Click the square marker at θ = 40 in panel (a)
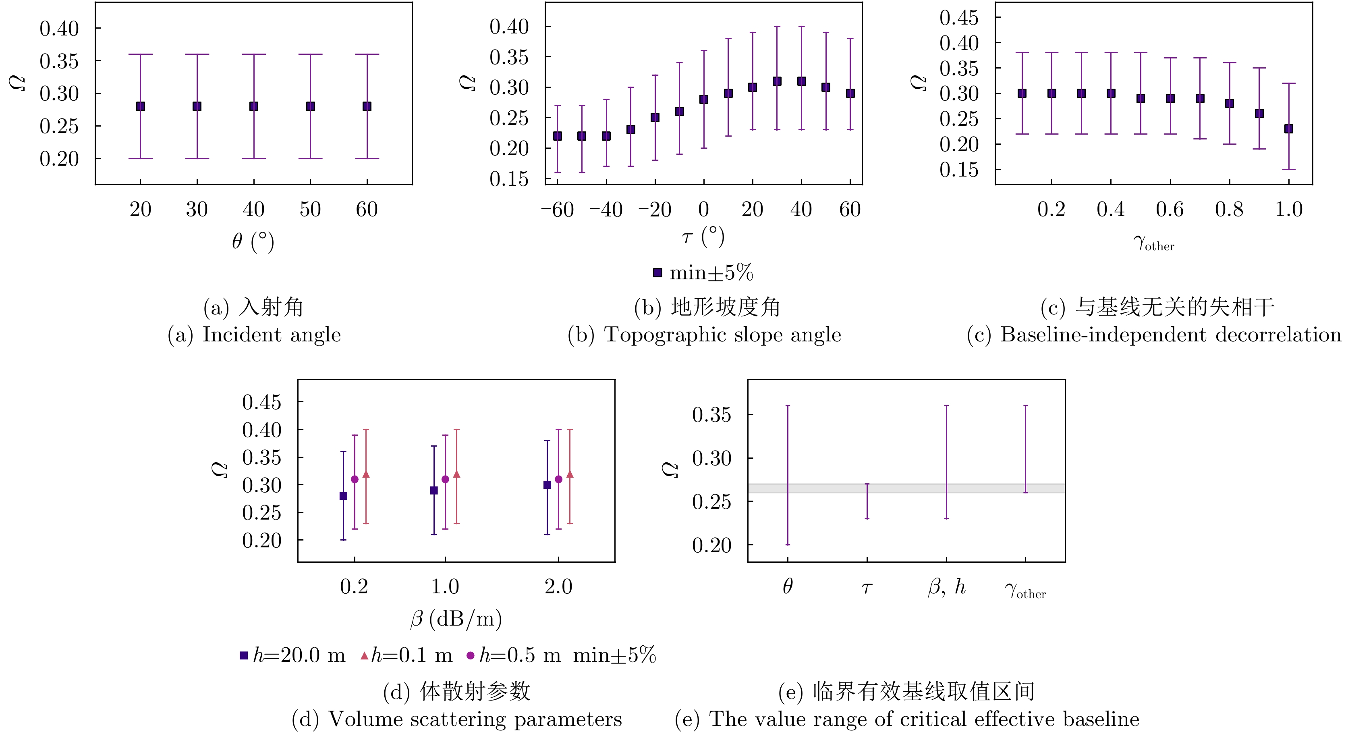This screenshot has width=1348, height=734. click(x=254, y=106)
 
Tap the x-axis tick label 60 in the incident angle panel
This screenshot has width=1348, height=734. click(x=367, y=210)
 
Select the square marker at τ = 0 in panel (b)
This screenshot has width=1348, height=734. click(x=704, y=100)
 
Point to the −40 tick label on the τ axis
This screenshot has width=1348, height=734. click(x=606, y=210)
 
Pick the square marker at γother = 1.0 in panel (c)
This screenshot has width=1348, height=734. click(x=1289, y=129)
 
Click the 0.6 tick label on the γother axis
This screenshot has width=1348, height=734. click(x=1170, y=210)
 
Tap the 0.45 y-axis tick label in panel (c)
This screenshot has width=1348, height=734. click(x=959, y=18)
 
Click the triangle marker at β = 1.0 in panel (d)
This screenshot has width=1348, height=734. click(x=456, y=474)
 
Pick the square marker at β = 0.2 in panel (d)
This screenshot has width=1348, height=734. click(x=343, y=496)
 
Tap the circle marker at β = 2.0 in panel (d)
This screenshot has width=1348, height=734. click(x=558, y=479)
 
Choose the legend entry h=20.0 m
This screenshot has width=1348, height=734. click(x=293, y=655)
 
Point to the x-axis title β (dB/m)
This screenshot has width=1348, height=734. click(x=456, y=619)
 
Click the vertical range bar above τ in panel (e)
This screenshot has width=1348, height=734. click(x=867, y=501)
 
